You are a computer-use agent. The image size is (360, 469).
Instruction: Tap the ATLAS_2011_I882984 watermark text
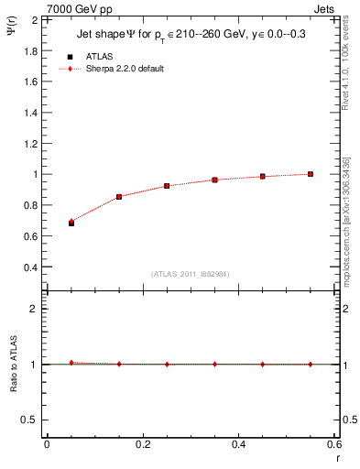point(191,274)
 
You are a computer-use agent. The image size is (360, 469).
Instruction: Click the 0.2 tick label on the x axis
point(143,444)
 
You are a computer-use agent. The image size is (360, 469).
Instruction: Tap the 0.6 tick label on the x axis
point(334,444)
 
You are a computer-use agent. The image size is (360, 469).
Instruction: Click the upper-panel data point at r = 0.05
point(71,223)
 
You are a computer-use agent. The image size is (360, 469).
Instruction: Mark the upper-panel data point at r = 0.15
point(119,196)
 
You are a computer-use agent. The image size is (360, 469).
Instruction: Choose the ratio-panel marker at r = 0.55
point(311,364)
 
